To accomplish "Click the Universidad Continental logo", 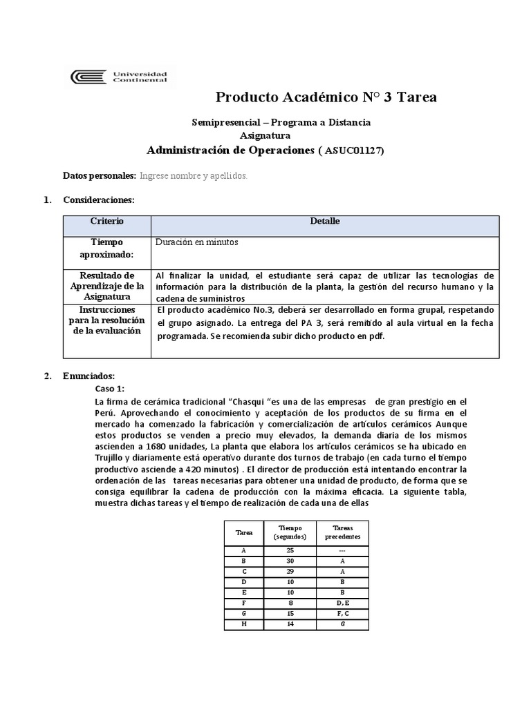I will coord(122,77).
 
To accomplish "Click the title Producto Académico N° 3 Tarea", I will coord(326,97).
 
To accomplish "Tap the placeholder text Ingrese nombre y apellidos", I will coord(194,176).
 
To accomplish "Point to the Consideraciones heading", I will coord(99,200).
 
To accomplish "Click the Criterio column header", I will coord(107,222).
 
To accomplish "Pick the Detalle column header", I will coord(324,222).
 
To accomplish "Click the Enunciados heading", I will coord(89,376).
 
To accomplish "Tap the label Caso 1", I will coord(109,389).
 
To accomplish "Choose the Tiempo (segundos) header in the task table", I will coord(290,532).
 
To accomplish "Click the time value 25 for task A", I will coord(290,550).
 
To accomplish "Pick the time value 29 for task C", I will coord(290,572).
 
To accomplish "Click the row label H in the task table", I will coord(244,625).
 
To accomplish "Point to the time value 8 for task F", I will coord(290,603).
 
